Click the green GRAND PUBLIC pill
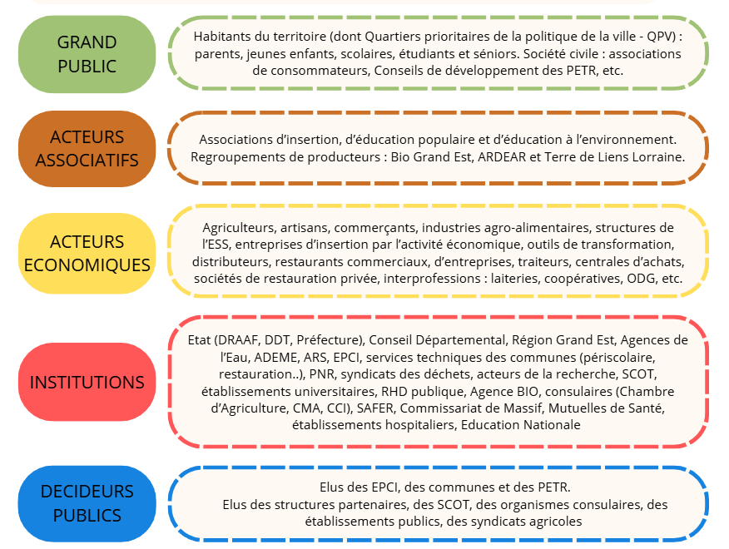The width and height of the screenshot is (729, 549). [87, 54]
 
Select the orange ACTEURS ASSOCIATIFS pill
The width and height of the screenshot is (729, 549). [87, 149]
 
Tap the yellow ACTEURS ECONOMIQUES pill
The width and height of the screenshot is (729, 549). [87, 254]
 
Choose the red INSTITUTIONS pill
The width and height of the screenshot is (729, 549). [87, 382]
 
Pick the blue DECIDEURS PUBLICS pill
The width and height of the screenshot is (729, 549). [87, 503]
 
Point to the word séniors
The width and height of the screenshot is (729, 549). [493, 54]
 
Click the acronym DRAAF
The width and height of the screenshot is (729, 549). [240, 340]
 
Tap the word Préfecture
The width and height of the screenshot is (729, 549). [329, 340]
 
